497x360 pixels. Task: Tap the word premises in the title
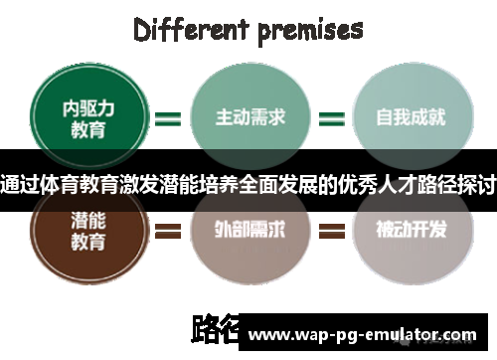click(310, 29)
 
